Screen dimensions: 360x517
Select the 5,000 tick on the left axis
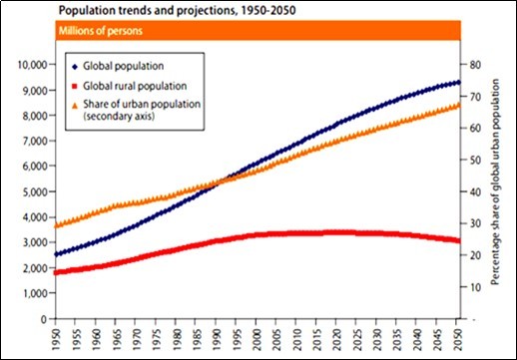tap(30, 191)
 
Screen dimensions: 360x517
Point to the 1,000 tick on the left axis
tap(30, 293)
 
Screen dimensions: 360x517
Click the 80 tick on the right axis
tap(475, 65)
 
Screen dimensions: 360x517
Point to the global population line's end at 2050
tap(456, 82)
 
